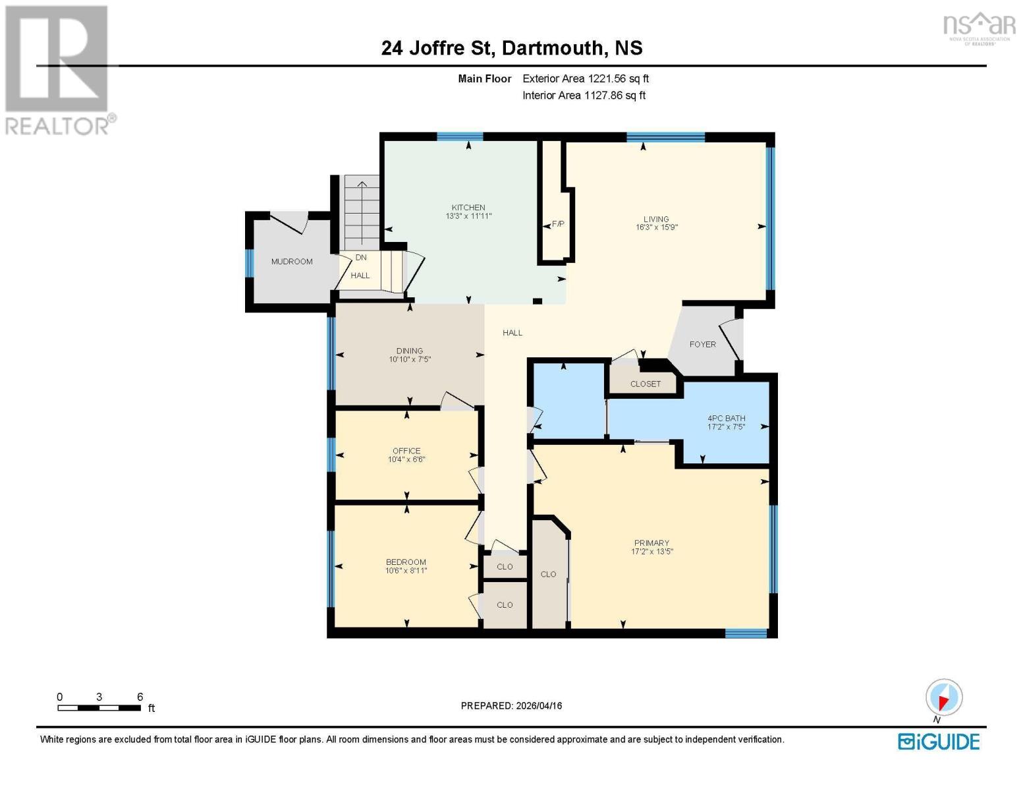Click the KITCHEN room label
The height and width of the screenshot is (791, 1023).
tap(468, 208)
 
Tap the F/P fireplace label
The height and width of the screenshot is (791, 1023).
tap(558, 224)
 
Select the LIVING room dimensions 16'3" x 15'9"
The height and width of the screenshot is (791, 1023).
tap(656, 227)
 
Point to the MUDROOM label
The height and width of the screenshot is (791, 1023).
tap(292, 262)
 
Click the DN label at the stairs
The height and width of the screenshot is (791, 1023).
tap(361, 258)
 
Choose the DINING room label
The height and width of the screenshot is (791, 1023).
tap(409, 351)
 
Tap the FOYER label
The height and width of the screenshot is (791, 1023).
tap(702, 344)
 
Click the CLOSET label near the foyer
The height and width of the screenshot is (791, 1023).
tap(645, 384)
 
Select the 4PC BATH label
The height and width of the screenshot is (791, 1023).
tap(726, 419)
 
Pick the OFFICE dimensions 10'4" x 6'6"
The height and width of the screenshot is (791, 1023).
tap(406, 459)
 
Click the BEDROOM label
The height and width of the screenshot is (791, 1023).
tap(406, 562)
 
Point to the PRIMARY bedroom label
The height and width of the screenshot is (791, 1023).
tap(651, 543)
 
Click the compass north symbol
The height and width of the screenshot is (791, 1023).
tap(944, 698)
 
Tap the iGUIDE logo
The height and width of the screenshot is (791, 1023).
tap(939, 742)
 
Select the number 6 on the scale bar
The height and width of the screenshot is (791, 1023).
tap(140, 697)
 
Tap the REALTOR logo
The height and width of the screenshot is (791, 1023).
tap(58, 69)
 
